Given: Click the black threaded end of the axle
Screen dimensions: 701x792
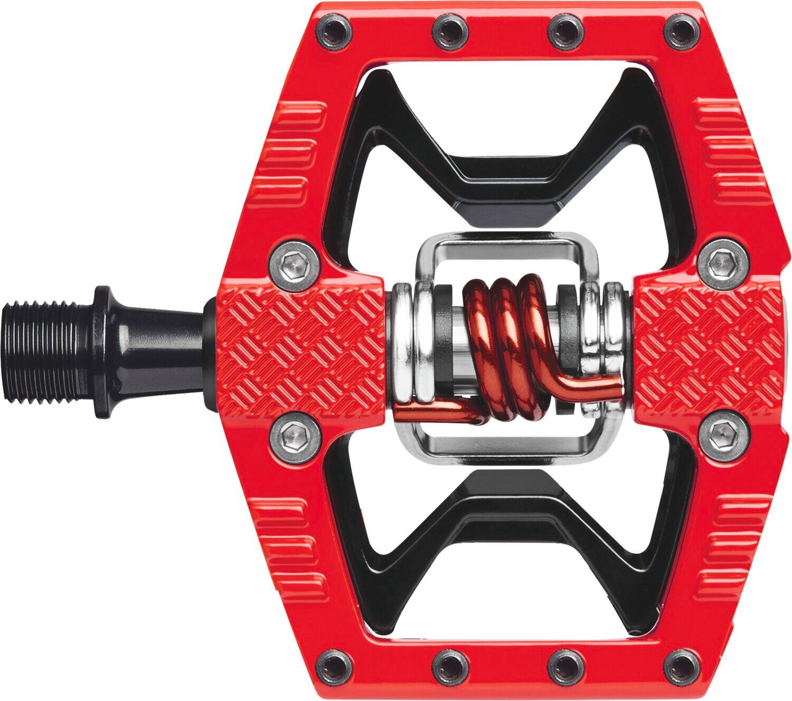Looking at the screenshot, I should (x=45, y=351).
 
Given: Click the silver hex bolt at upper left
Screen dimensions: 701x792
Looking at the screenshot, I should (x=294, y=261).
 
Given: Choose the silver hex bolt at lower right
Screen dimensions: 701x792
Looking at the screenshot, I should (x=720, y=434).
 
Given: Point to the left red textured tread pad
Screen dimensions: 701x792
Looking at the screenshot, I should (x=301, y=349).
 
